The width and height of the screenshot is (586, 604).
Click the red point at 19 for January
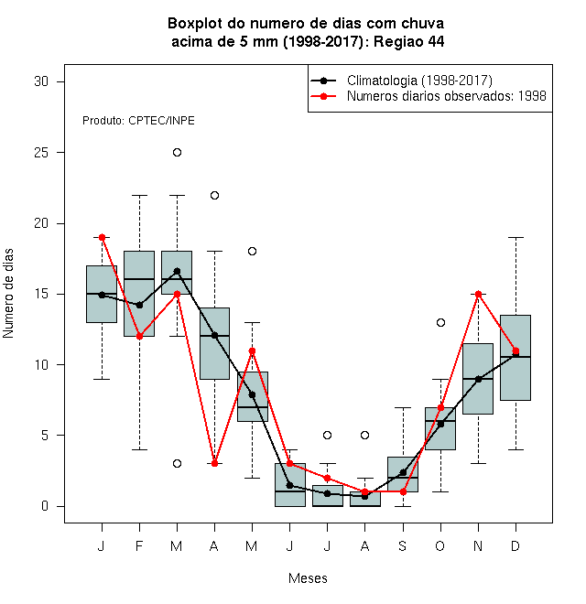102,237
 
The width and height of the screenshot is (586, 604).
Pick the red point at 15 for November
479,295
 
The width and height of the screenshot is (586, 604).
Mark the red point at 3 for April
215,463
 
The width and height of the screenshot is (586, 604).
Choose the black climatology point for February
139,305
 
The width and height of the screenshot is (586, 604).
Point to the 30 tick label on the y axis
41,81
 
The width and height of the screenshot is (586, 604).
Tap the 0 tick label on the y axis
45,506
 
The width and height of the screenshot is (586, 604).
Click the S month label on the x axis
403,545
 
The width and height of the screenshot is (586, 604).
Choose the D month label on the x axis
515,545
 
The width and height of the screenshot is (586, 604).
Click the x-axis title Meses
308,578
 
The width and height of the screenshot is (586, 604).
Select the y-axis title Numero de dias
8,294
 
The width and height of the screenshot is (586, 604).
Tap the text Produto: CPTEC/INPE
138,121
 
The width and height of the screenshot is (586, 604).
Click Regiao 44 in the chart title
409,41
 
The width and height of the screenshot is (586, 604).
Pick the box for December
515,358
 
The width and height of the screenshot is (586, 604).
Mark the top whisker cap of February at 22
139,195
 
